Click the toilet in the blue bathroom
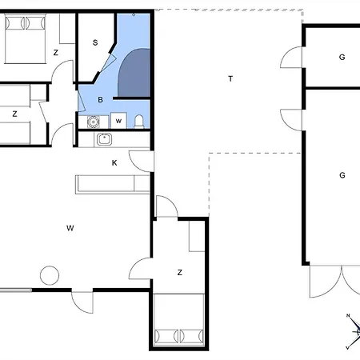click(139, 122)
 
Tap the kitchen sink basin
click(104, 139)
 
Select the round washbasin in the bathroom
click(94, 122)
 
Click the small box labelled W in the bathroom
click(118, 121)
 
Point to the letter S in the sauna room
click(95, 42)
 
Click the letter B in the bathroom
click(100, 100)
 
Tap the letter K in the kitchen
click(114, 163)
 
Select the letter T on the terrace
click(230, 79)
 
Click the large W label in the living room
click(70, 228)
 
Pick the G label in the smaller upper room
click(342, 57)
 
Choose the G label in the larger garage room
click(342, 175)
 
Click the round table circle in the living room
click(50, 275)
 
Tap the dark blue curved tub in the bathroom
click(134, 73)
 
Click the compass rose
click(354, 331)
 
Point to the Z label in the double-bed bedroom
click(55, 53)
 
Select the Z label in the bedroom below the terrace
click(180, 273)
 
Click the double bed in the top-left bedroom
click(25, 39)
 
